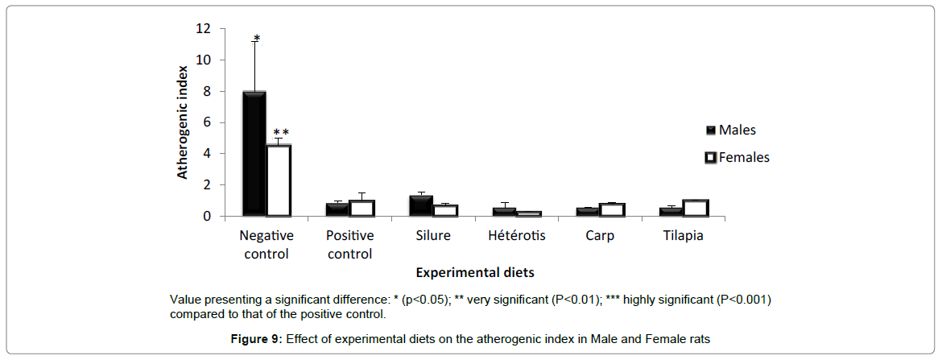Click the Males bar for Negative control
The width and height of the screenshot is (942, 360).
[x=254, y=154]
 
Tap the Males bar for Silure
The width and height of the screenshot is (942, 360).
[x=421, y=206]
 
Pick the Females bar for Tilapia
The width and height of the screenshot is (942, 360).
[x=696, y=208]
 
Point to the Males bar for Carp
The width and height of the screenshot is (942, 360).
[x=587, y=212]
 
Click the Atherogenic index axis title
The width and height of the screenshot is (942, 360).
[x=183, y=122]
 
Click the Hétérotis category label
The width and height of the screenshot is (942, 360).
[x=517, y=236]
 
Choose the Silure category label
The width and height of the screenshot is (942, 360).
[x=433, y=236]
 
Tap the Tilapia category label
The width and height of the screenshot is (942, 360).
[x=684, y=236]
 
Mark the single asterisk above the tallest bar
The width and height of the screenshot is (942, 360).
[x=256, y=38]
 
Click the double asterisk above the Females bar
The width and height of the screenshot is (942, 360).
[x=280, y=133]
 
